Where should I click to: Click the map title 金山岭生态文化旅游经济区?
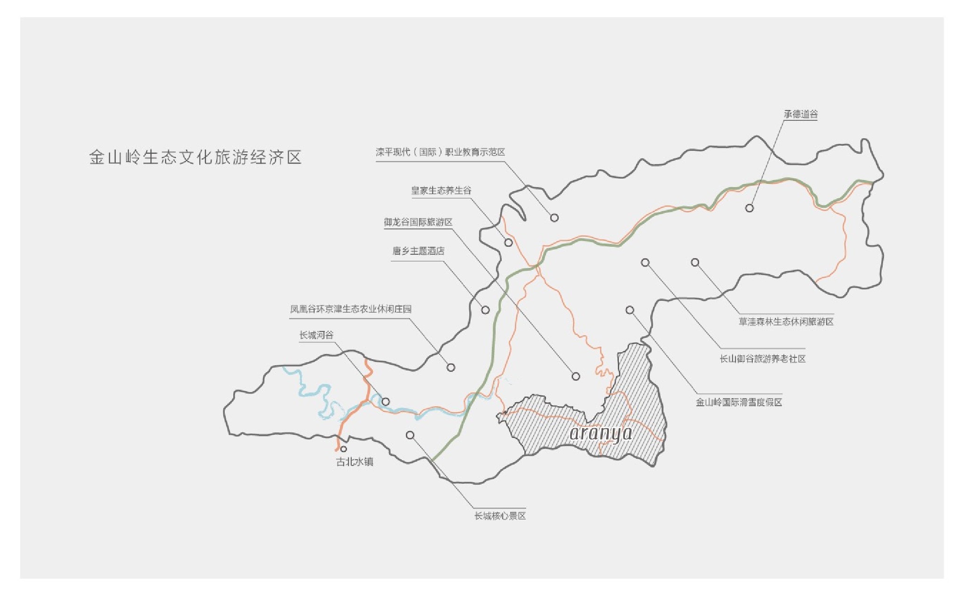195,157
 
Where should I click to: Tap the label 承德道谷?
800,114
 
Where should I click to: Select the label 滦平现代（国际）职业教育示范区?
440,152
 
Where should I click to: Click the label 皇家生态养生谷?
441,191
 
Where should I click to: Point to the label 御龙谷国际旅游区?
418,222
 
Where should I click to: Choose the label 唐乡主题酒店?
418,251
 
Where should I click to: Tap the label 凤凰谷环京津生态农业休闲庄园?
350,309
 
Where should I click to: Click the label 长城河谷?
316,335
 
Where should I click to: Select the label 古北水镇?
355,462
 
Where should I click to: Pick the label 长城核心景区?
500,516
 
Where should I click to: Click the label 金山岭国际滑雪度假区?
739,402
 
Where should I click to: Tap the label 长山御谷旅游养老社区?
762,359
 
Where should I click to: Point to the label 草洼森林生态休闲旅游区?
786,322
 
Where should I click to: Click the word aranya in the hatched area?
601,433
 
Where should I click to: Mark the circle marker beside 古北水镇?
343,449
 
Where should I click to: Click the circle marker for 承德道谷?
749,208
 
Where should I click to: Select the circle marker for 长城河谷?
386,402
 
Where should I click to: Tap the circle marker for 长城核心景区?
410,435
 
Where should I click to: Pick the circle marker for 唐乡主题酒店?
485,310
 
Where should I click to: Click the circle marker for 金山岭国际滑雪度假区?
630,310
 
